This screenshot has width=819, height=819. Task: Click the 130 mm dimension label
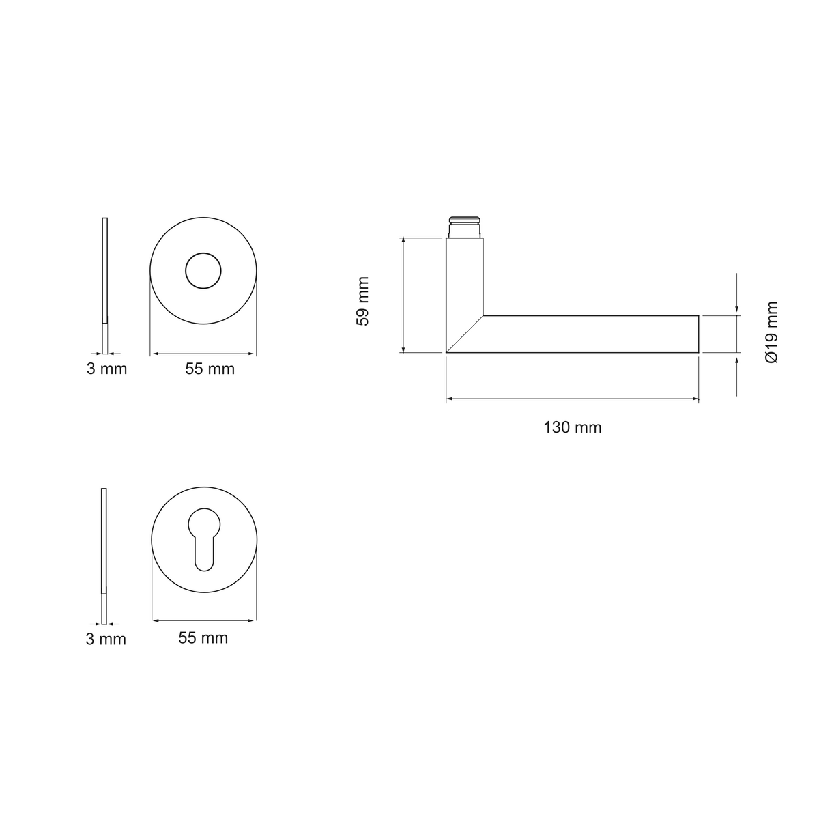(572, 427)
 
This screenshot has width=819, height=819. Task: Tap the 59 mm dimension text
(362, 301)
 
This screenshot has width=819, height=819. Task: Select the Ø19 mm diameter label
(771, 332)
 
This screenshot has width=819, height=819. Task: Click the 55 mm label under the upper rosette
(210, 369)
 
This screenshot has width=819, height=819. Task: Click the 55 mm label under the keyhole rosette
(203, 638)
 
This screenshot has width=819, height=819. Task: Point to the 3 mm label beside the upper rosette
(106, 369)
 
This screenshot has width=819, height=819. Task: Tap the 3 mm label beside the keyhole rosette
(106, 640)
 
